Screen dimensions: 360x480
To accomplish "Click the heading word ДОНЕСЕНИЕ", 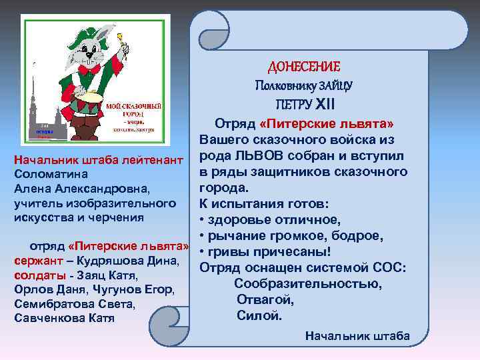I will pos(303,67).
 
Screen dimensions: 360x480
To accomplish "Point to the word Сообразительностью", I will pos(308,285).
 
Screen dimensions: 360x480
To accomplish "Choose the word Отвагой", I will pos(265,300).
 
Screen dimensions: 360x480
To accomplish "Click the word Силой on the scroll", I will pos(259,315).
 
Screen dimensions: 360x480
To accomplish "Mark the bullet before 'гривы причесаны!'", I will pos(201,253).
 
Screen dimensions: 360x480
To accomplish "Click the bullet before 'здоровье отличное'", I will pos(201,221).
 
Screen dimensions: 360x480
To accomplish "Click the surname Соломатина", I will pos(53,173).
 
